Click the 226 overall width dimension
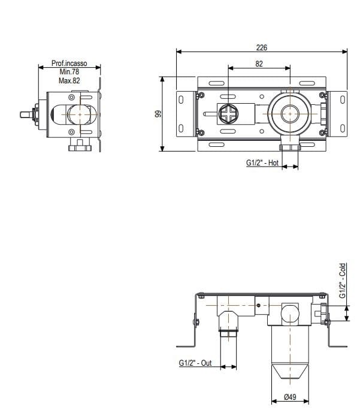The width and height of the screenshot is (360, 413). [261, 47]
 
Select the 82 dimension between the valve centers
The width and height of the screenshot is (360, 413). [259, 64]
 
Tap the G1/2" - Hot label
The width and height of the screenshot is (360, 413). [262, 162]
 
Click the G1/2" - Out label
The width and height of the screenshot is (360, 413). [195, 363]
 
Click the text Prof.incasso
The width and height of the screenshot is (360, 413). [69, 63]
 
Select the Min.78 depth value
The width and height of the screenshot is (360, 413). [69, 71]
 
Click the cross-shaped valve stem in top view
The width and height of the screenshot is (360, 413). [228, 113]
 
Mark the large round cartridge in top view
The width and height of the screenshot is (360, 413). [290, 112]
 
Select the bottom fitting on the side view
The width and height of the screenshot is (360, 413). [78, 145]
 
